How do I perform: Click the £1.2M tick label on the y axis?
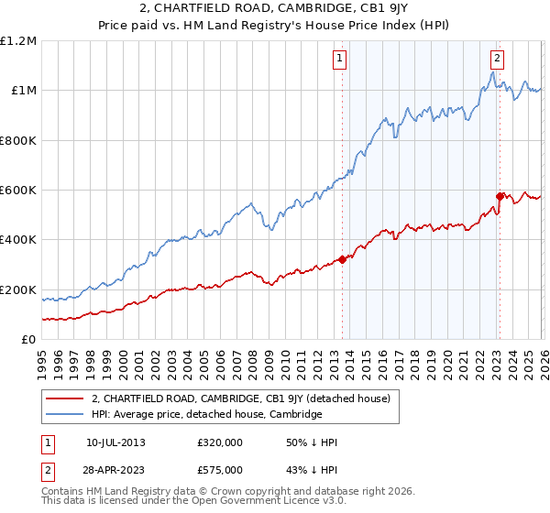pos(18,41)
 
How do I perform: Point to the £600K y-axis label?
pos(18,191)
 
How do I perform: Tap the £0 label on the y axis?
pos(28,340)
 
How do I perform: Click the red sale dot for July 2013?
pos(342,259)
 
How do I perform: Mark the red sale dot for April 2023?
pos(500,196)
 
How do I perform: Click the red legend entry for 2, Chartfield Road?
pos(241,398)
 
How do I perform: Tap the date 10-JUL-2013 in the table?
pos(115,442)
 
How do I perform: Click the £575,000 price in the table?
pos(219,469)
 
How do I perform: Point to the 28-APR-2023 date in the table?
pos(115,469)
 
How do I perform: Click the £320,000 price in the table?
pos(219,442)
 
